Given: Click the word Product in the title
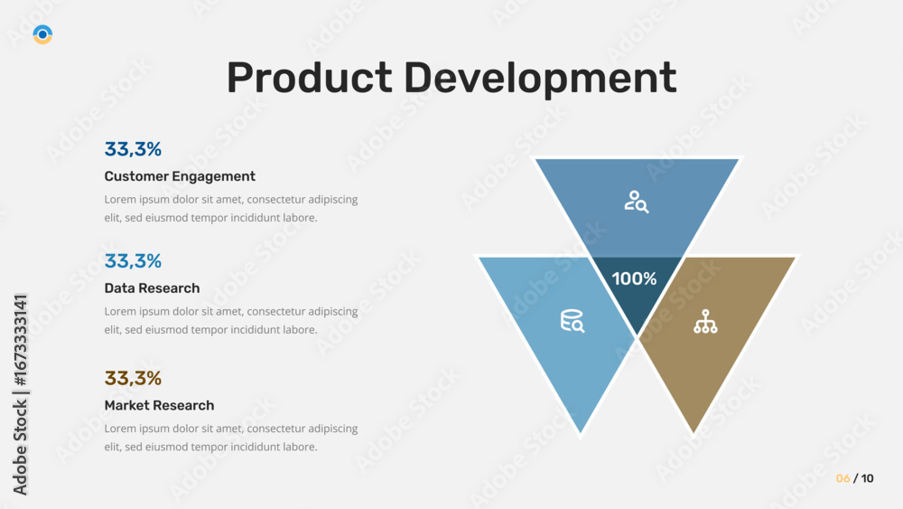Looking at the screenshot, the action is pos(309,77).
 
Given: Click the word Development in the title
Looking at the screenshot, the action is pos(540,79).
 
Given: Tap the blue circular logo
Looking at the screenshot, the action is pos(42,34).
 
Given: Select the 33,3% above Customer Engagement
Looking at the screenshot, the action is pos(133,149).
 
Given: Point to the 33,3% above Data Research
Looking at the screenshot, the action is pos(133,261).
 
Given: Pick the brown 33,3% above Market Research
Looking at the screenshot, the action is pos(133,378).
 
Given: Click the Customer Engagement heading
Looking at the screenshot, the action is pos(180,176).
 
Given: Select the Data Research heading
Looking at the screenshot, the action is pos(152,288).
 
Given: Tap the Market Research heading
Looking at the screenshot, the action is pos(159,405).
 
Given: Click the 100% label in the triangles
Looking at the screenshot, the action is pos(634,279).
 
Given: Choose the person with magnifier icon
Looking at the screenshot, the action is pos(637,202).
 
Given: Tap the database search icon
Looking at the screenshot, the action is pos(573,321).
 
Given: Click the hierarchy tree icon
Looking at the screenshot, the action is pos(705,322).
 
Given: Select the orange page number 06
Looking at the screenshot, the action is pos(842,478).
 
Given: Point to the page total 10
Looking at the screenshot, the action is pos(867,478).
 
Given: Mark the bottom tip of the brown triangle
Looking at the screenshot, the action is pos(694,432).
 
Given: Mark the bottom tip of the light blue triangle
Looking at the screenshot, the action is pos(581,432).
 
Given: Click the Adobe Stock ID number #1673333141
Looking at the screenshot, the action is pos(20,340).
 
